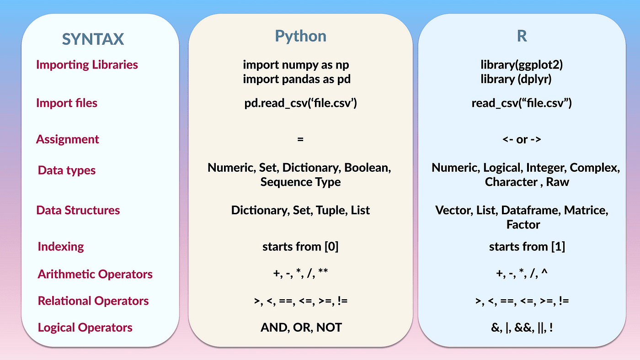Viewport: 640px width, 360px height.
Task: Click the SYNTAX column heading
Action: point(93,39)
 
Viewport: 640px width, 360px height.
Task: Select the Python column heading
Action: point(300,36)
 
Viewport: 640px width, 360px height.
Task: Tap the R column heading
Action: point(522,36)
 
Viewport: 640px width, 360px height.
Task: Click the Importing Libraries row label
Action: point(87,64)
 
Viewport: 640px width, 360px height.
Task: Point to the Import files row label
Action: point(67,103)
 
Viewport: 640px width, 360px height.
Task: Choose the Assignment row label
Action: point(68,139)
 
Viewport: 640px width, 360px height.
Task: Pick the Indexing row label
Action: point(61,247)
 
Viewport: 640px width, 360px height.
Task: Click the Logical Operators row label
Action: point(85,328)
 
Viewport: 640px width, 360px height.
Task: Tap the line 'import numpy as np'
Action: point(299,65)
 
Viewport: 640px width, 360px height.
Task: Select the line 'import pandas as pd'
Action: point(297,79)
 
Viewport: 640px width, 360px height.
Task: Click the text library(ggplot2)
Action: point(522,65)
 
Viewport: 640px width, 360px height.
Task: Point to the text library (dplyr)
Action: point(516,79)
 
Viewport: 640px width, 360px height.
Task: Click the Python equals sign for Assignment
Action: point(300,139)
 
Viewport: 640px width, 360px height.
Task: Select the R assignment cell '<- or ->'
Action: point(522,139)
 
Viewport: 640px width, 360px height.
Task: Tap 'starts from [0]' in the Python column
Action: point(300,247)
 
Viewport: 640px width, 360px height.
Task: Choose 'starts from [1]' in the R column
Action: point(527,247)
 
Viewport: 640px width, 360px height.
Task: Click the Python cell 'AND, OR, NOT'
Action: point(301,328)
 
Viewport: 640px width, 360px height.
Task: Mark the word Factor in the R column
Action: point(523,225)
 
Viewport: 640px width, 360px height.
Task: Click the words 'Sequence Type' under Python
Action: point(300,182)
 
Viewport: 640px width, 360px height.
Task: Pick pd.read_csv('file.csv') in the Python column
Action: point(300,103)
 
